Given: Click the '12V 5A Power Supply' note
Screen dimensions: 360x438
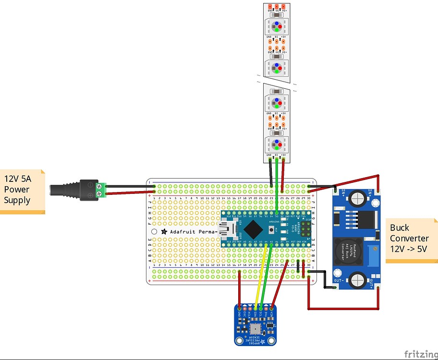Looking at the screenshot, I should pyautogui.click(x=22, y=190).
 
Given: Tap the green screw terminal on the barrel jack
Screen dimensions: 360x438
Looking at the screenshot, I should pyautogui.click(x=101, y=190).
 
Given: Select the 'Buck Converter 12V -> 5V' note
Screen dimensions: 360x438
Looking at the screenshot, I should pyautogui.click(x=411, y=239).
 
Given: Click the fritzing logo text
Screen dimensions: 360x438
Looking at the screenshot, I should pyautogui.click(x=420, y=354).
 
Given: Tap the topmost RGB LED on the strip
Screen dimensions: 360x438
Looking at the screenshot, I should pyautogui.click(x=277, y=26).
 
